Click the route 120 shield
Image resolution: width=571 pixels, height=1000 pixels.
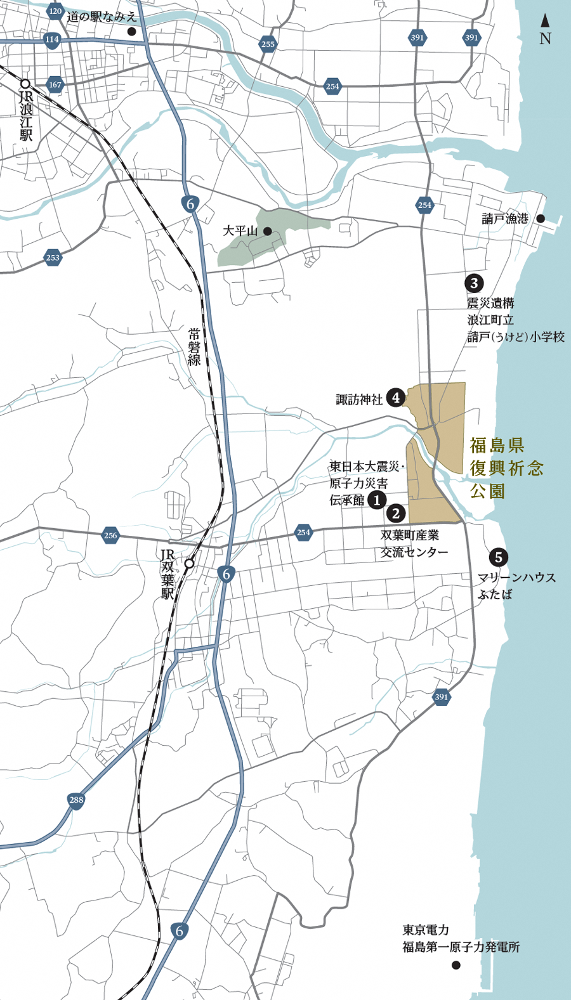55,11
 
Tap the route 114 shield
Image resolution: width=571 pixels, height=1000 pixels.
52,39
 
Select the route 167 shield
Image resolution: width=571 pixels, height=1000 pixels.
55,84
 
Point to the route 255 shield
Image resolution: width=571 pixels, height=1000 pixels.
268,44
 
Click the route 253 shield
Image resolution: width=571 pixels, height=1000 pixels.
53,257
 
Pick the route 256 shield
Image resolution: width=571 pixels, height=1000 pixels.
110,535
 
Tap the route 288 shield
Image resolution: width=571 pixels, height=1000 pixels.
76,800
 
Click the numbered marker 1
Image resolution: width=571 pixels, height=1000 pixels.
377,500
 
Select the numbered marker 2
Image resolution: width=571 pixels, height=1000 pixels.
396,514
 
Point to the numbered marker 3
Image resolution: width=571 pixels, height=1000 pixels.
473,283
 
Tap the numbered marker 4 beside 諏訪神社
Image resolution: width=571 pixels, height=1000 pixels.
396,398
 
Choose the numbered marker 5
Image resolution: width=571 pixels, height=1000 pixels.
498,557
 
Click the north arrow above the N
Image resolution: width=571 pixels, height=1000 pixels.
545,20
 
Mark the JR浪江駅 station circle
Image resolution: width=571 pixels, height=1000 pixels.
25,83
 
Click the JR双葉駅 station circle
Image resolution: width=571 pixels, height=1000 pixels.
189,563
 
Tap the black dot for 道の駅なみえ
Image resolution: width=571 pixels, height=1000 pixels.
131,31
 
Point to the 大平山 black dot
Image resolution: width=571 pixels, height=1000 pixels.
268,231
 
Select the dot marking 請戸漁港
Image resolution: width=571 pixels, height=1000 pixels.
541,219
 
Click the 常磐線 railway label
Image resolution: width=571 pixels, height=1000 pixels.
194,346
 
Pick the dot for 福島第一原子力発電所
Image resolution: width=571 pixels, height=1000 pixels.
456,965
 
